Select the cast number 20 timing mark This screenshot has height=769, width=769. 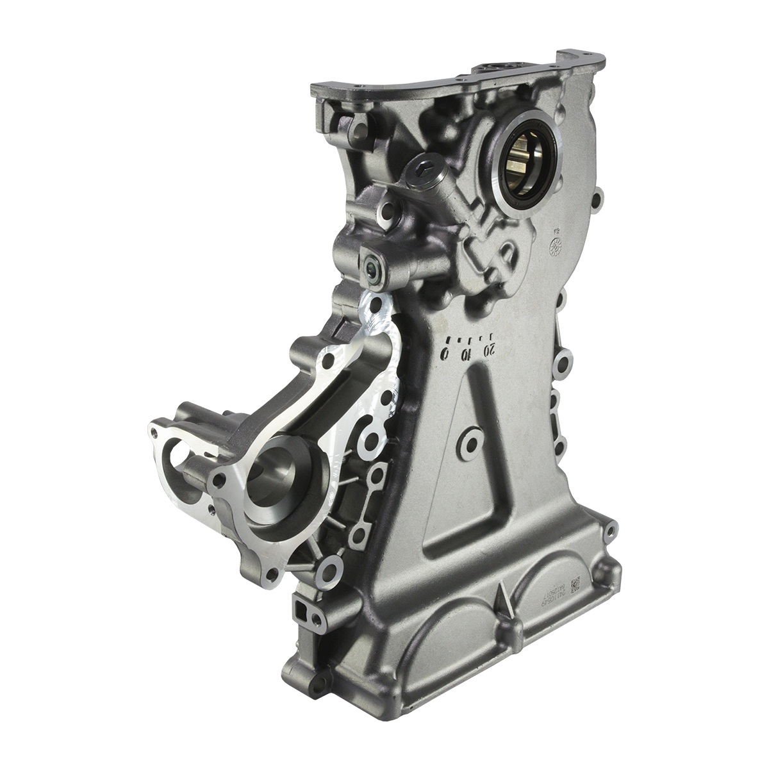coord(490,349)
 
